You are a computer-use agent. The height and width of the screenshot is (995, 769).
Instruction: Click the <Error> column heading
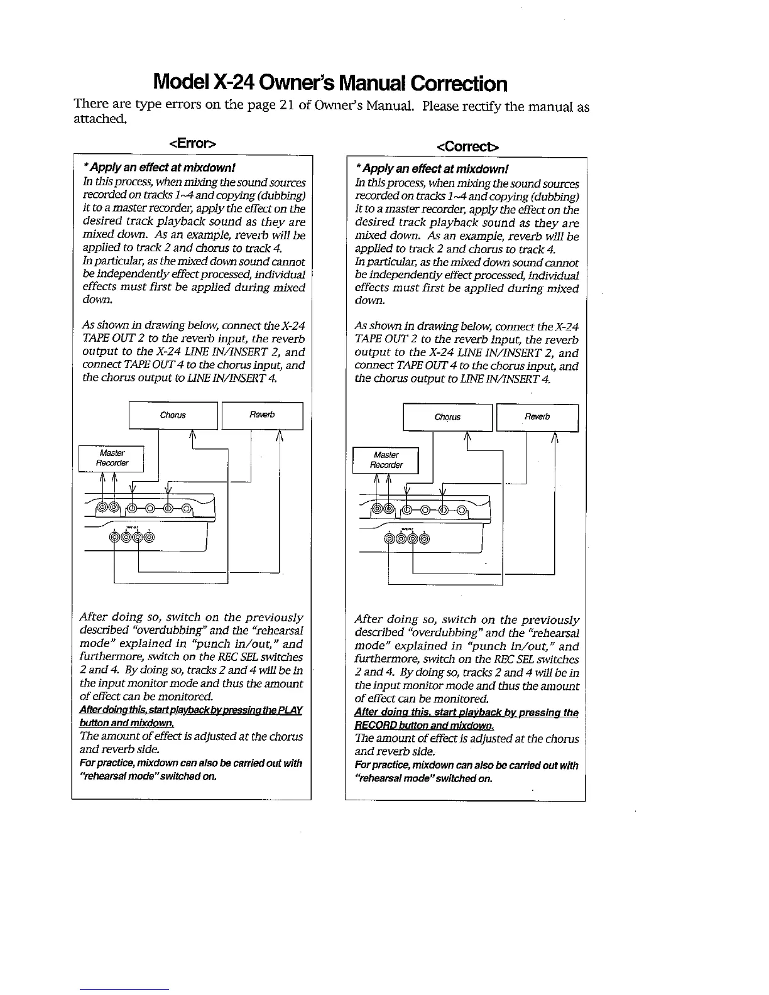[192, 143]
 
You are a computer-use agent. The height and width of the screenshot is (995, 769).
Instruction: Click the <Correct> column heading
[468, 146]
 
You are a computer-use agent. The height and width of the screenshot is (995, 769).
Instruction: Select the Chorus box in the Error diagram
[173, 415]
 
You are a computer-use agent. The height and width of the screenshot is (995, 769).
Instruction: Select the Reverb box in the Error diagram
[262, 415]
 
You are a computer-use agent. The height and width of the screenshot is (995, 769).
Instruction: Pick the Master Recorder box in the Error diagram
[112, 458]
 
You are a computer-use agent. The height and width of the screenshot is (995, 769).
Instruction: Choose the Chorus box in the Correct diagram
[447, 417]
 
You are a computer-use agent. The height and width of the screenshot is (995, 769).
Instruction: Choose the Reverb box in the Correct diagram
[537, 417]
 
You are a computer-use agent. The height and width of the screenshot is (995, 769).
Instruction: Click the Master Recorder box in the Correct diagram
[386, 460]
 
